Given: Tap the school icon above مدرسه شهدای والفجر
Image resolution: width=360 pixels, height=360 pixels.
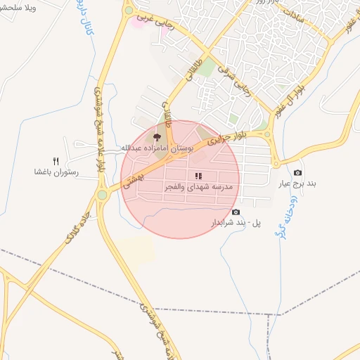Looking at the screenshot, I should click(x=198, y=176).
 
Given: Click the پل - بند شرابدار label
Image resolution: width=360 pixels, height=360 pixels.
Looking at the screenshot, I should click(x=236, y=222).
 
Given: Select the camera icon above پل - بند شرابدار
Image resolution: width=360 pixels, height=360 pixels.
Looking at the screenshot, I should click(x=235, y=212).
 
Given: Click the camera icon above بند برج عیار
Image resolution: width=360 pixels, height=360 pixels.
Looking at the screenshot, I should click(x=298, y=172).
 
